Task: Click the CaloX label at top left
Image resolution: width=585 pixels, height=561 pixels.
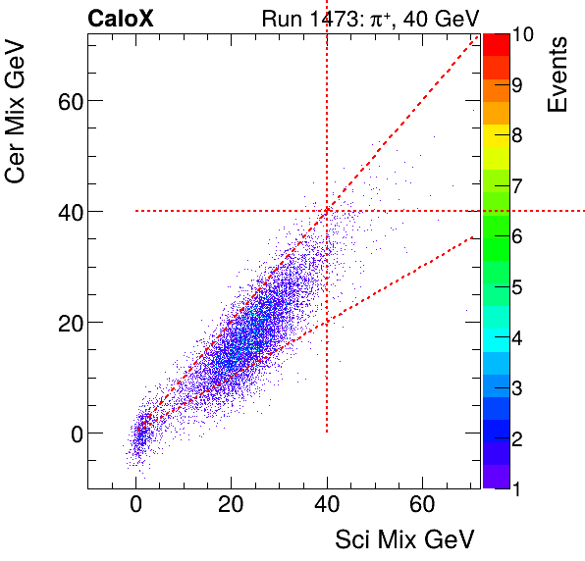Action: click(120, 19)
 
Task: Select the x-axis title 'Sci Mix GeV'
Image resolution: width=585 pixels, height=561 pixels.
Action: click(404, 538)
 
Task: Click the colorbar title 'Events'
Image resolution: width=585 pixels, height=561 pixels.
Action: click(559, 75)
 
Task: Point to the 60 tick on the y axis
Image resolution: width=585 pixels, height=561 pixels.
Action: click(65, 100)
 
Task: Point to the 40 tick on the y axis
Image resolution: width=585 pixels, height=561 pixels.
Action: click(65, 211)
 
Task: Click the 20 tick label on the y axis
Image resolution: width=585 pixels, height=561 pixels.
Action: click(65, 322)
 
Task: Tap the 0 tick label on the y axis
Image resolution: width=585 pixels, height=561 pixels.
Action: click(71, 433)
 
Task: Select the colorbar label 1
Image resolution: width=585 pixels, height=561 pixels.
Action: click(517, 487)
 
